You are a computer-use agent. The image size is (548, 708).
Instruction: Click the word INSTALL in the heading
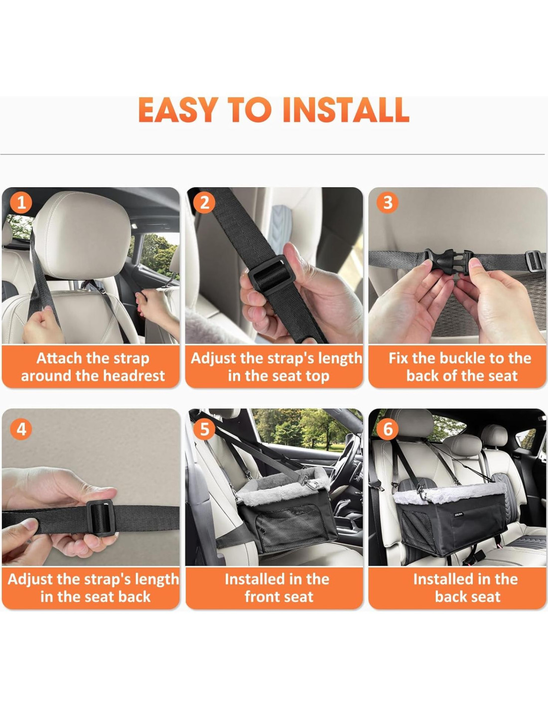click(x=346, y=110)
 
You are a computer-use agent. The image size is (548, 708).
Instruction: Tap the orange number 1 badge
click(x=21, y=203)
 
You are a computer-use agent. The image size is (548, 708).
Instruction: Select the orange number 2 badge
click(x=204, y=203)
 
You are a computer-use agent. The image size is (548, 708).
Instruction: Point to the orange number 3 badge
click(x=388, y=203)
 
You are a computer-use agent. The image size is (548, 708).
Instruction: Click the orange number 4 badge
click(x=21, y=429)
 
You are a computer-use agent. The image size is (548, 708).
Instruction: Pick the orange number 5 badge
click(x=204, y=429)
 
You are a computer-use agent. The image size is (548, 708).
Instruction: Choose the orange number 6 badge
click(x=388, y=429)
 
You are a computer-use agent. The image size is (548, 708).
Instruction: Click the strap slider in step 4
click(x=101, y=518)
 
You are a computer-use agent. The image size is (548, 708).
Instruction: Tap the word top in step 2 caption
click(x=317, y=376)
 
